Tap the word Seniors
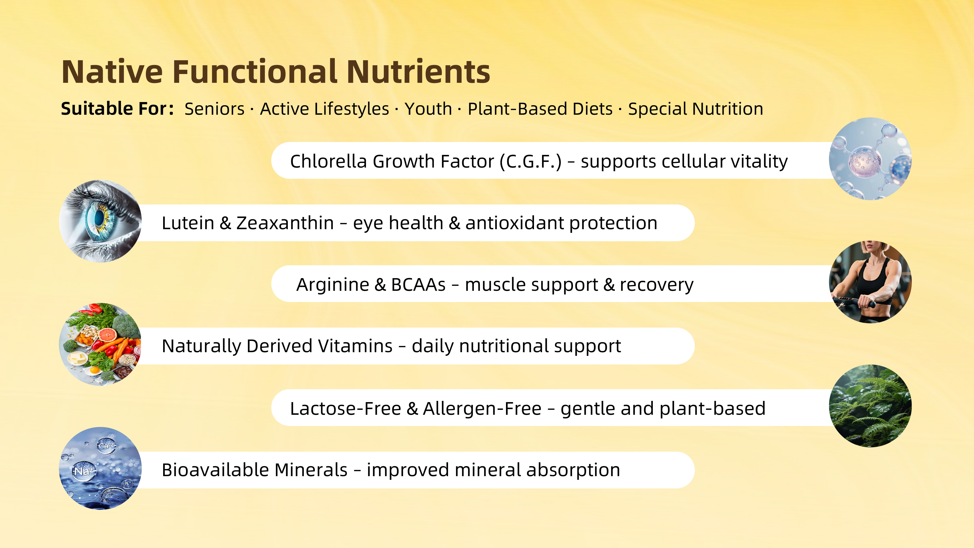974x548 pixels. click(x=214, y=109)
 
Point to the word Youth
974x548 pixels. click(x=428, y=109)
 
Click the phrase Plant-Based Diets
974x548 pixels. click(x=540, y=109)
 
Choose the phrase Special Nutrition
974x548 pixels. click(x=696, y=109)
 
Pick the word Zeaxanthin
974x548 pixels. click(x=285, y=223)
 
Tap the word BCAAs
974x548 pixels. click(x=418, y=284)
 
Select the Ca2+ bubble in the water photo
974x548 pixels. click(x=106, y=445)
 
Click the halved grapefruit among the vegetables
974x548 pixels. click(x=108, y=335)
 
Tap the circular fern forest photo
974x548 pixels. click(x=870, y=406)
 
